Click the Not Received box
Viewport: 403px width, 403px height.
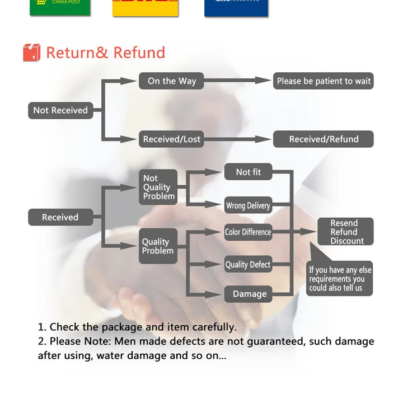pyautogui.click(x=60, y=110)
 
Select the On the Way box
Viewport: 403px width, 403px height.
pyautogui.click(x=171, y=81)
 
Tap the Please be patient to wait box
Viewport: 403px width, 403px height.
pyautogui.click(x=324, y=81)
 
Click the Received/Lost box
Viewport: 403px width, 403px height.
pyautogui.click(x=171, y=139)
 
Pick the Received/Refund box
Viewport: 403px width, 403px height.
pyautogui.click(x=324, y=139)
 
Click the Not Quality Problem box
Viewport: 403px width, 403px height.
pyautogui.click(x=158, y=187)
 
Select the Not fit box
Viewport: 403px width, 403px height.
pyautogui.click(x=248, y=172)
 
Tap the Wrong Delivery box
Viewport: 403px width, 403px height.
pyautogui.click(x=248, y=205)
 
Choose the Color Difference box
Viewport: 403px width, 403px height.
pyautogui.click(x=248, y=232)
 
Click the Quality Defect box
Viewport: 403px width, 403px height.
pyautogui.click(x=248, y=265)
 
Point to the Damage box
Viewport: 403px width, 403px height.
pyautogui.click(x=249, y=294)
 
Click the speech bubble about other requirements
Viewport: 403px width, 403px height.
pyautogui.click(x=340, y=279)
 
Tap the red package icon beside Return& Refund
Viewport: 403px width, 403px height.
pyautogui.click(x=32, y=53)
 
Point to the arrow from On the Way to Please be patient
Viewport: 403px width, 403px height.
pyautogui.click(x=238, y=81)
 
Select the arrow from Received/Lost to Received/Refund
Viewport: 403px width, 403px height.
pyautogui.click(x=238, y=139)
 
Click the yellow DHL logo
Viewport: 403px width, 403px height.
pyautogui.click(x=146, y=7)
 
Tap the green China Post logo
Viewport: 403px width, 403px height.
pyautogui.click(x=59, y=7)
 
